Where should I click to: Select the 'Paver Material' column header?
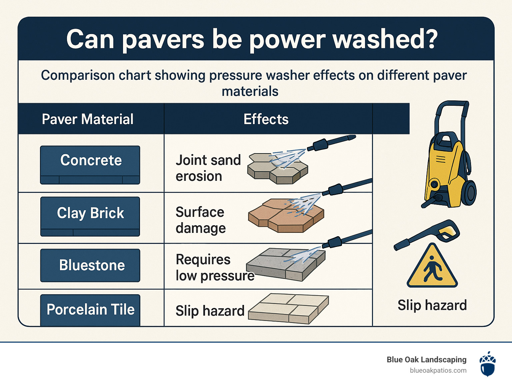pyautogui.click(x=87, y=119)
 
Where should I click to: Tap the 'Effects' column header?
pyautogui.click(x=266, y=119)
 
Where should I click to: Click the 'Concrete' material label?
pyautogui.click(x=90, y=165)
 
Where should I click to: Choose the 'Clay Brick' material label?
pyautogui.click(x=90, y=217)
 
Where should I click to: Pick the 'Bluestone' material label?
pyautogui.click(x=90, y=265)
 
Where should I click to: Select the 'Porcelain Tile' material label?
pyautogui.click(x=90, y=310)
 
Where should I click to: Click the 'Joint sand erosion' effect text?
pyautogui.click(x=208, y=168)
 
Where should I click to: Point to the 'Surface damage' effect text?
pyautogui.click(x=201, y=220)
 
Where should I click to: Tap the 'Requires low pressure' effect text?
pyautogui.click(x=215, y=267)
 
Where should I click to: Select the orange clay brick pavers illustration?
pyautogui.click(x=286, y=215)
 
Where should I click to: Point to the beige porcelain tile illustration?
pyautogui.click(x=289, y=309)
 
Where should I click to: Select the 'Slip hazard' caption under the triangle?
pyautogui.click(x=432, y=305)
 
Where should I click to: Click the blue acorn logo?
pyautogui.click(x=488, y=364)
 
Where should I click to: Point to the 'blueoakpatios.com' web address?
pyautogui.click(x=438, y=370)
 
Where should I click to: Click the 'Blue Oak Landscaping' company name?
pyautogui.click(x=426, y=360)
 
